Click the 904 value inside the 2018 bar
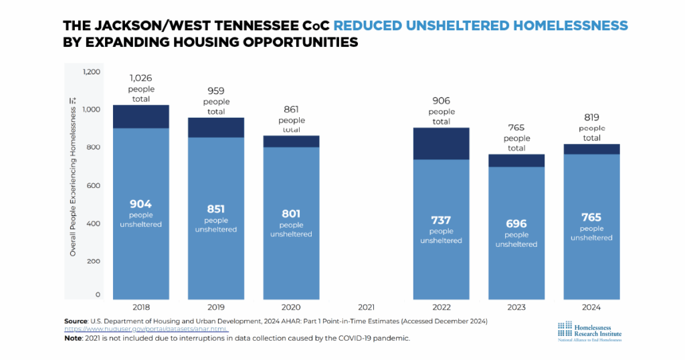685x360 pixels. coord(140,204)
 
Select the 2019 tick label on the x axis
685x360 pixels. coord(215,307)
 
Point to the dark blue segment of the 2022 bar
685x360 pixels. coord(441,143)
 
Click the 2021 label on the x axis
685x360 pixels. coord(366,307)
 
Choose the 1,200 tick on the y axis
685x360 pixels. coord(91,72)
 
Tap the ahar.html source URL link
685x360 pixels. coord(146,329)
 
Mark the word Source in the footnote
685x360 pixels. coord(76,321)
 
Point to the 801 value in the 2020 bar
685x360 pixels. coord(291,214)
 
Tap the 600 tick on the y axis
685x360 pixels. coord(92,185)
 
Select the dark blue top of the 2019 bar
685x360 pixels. coord(215,127)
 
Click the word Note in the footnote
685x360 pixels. coord(74,338)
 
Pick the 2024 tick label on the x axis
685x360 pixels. coord(591,307)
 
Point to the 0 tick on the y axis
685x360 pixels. coord(98,294)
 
